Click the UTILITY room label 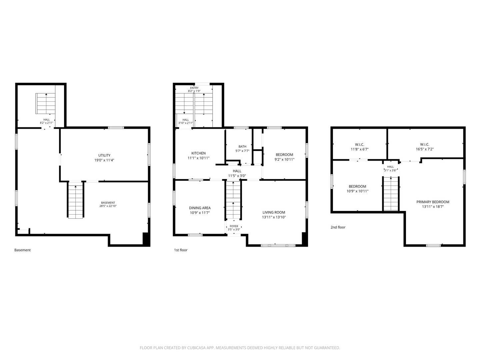point(104,155)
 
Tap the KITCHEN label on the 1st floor point(199,153)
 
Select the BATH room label point(242,146)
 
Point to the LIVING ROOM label point(274,212)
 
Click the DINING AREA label point(200,208)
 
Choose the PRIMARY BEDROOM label point(433,202)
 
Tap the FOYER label point(234,226)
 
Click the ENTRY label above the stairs point(194,88)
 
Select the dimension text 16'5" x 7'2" point(425,149)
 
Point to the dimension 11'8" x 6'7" point(360,149)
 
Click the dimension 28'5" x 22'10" point(108,206)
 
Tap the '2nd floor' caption point(338,227)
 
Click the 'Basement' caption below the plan point(23,250)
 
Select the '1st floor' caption point(181,250)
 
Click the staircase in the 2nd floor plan point(391,194)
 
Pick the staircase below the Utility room point(75,200)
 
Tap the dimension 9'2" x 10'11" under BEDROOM point(285,159)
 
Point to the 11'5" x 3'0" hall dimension point(237,176)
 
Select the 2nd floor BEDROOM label point(358,186)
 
